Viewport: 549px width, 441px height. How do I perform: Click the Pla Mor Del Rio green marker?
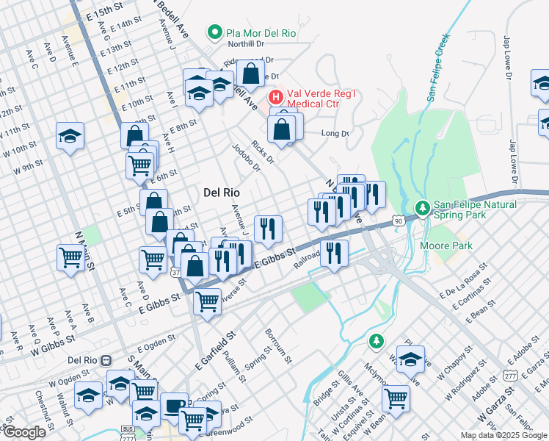point(214,32)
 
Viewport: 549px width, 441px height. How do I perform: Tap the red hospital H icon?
point(275,96)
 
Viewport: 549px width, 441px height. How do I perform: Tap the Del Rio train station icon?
point(106,360)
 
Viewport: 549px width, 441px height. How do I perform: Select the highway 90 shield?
point(398,220)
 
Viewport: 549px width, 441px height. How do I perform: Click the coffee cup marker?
point(174,406)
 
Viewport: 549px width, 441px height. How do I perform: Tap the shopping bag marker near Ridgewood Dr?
point(250,73)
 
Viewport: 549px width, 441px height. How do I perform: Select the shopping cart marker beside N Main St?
point(70,257)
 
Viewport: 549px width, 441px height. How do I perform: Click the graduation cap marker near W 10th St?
point(70,135)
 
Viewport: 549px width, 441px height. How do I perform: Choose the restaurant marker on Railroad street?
point(334,253)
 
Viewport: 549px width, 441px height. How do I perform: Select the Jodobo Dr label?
point(246,157)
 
